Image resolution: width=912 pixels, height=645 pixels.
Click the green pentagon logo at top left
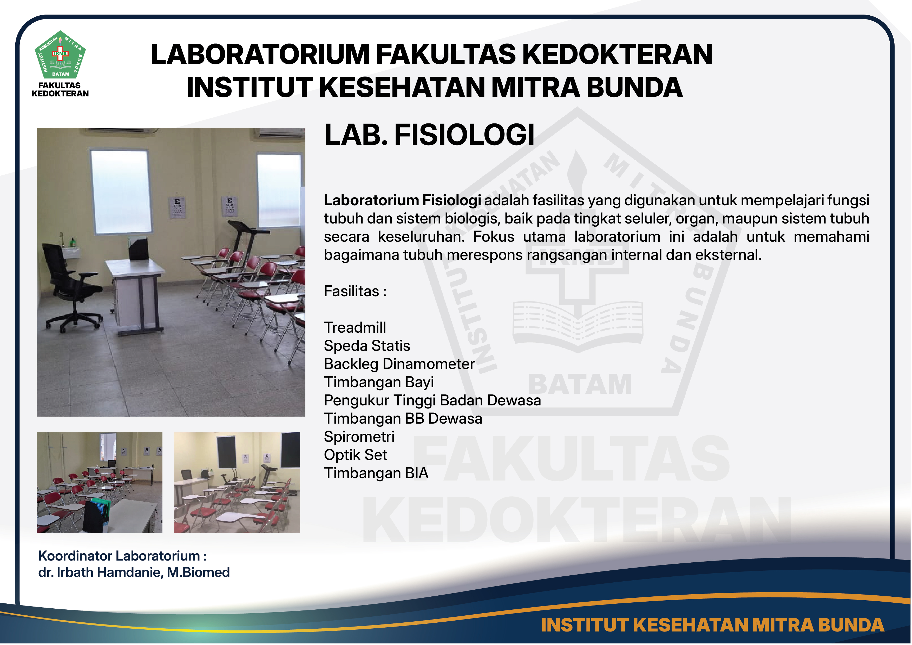click(60, 55)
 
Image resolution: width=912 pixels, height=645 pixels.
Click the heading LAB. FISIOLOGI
click(429, 135)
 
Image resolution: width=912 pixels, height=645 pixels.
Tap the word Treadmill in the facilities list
click(355, 328)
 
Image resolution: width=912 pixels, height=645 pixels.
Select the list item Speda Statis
click(367, 346)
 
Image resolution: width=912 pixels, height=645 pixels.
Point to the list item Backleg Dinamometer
click(399, 364)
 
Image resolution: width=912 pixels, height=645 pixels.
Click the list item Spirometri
click(359, 437)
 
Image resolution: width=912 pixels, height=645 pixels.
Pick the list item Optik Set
click(356, 455)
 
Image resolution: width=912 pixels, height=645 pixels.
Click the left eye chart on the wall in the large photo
click(178, 207)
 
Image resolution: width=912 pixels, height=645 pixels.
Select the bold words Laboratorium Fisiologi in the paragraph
click(402, 201)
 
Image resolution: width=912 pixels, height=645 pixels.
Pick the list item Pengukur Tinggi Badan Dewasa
click(432, 401)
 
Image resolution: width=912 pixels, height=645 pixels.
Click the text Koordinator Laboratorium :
click(123, 556)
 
